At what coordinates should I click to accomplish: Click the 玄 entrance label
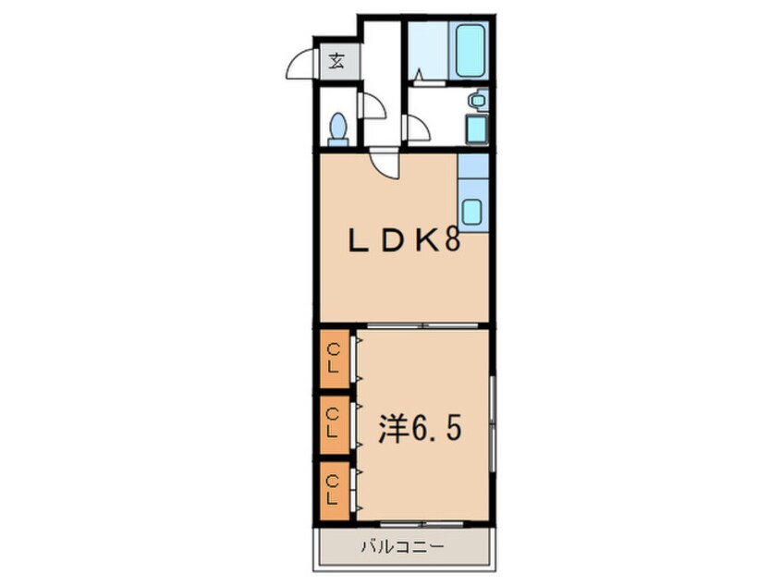point(336,63)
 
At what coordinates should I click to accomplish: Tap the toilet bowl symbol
point(338,128)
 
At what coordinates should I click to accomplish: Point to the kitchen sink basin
point(471,213)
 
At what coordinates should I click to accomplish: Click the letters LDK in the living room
point(394,242)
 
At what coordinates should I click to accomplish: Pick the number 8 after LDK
point(452,242)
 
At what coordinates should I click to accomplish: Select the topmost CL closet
point(335,360)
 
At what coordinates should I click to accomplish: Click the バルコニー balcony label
point(401,547)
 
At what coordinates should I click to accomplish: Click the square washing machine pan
point(477,129)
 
